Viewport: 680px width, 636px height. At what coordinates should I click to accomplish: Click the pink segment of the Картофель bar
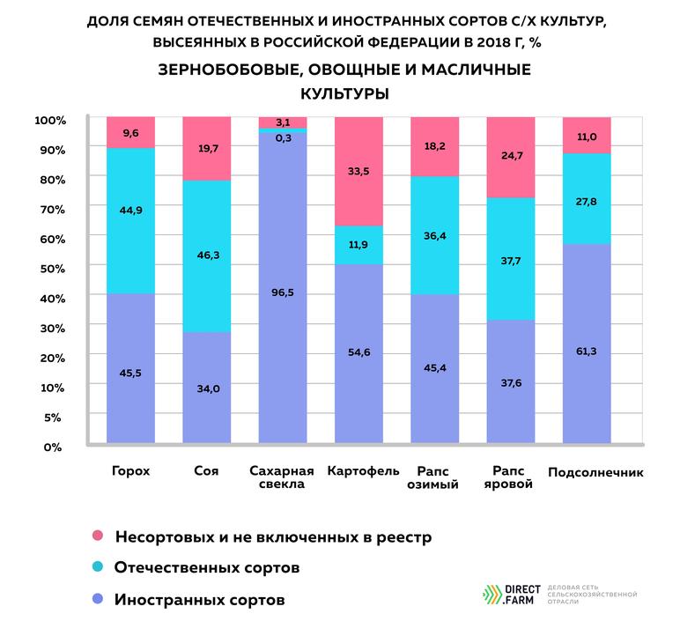359,172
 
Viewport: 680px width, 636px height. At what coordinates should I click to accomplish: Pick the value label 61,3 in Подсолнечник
588,351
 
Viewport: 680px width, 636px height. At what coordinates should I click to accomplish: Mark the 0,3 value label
283,137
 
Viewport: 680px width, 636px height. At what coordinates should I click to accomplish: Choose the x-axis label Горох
130,470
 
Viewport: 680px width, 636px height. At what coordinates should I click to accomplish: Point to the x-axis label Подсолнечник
595,472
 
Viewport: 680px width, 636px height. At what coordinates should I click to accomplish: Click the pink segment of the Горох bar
130,132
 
